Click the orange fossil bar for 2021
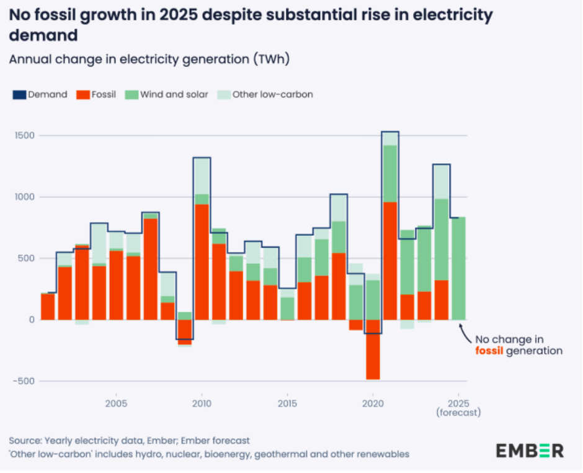tap(389, 261)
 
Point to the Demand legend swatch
tap(19, 95)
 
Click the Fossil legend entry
tap(96, 95)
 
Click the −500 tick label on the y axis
tap(23, 381)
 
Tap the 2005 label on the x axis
tap(116, 403)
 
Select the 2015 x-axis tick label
tap(287, 403)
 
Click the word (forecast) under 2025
tap(458, 412)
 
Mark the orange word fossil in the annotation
tap(489, 351)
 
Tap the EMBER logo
tap(530, 450)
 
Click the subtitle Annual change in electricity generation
tap(149, 60)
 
